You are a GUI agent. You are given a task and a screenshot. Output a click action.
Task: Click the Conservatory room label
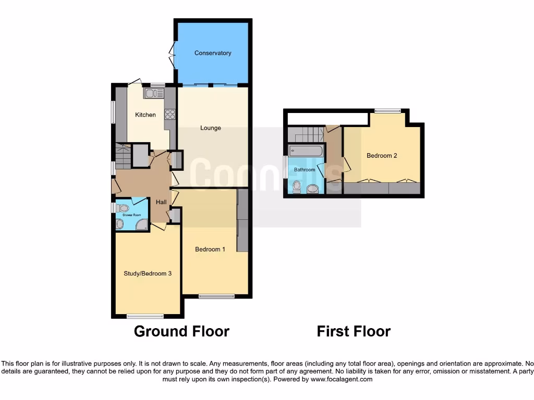(212, 53)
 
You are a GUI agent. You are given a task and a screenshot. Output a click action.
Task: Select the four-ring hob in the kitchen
(170, 113)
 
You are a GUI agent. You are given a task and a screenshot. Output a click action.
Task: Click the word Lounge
(211, 128)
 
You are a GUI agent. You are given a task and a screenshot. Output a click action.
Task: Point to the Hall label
(161, 202)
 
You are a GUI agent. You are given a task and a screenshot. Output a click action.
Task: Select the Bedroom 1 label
(210, 249)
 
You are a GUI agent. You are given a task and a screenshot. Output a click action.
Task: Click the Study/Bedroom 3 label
(148, 273)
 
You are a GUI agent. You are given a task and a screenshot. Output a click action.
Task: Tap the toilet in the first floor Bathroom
(297, 186)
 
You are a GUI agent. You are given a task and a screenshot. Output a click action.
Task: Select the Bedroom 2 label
(382, 156)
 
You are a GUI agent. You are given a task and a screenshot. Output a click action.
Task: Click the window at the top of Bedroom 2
(387, 110)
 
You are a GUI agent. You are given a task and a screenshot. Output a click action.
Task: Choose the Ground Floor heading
(181, 331)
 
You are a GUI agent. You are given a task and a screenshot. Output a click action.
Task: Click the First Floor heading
(354, 331)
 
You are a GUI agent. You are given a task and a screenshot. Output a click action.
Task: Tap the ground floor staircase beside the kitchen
(123, 156)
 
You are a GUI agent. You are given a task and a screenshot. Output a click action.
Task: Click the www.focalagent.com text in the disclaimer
(341, 380)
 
